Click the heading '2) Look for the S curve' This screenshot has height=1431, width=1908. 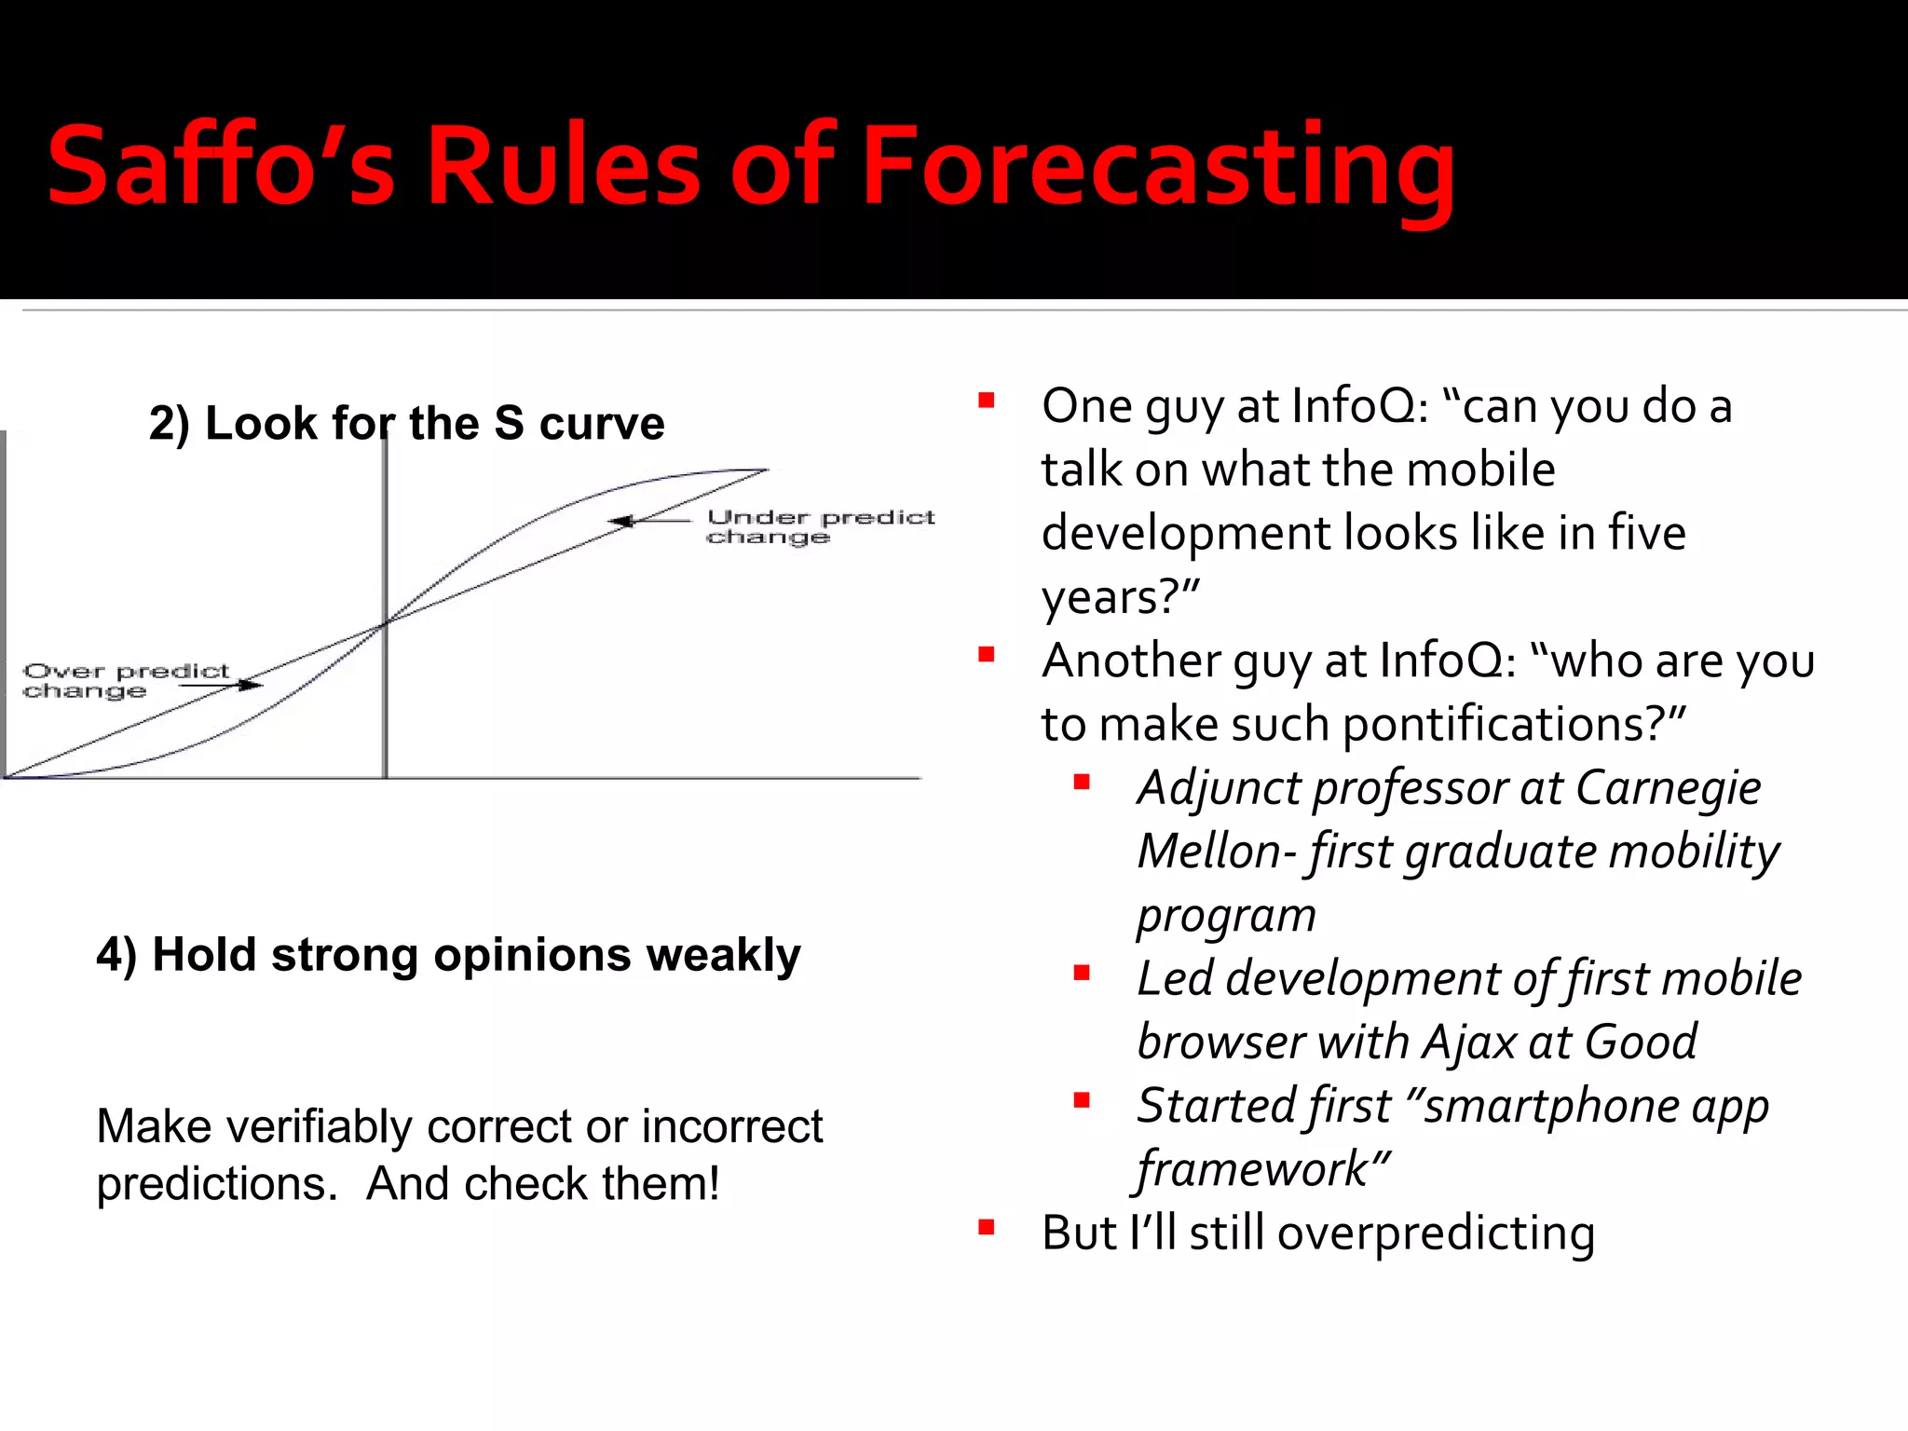pyautogui.click(x=407, y=424)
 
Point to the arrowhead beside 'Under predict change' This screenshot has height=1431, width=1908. pyautogui.click(x=619, y=521)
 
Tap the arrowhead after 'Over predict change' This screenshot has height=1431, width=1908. pyautogui.click(x=253, y=686)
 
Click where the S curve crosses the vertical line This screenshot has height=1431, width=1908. pyautogui.click(x=385, y=623)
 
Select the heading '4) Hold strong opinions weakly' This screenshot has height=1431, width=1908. pyautogui.click(x=448, y=955)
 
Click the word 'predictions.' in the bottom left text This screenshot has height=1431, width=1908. pyautogui.click(x=216, y=1184)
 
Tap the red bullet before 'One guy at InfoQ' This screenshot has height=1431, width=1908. pyautogui.click(x=987, y=402)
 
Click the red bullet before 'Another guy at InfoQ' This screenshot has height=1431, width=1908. pyautogui.click(x=987, y=656)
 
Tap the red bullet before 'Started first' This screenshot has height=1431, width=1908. pyautogui.click(x=1082, y=1101)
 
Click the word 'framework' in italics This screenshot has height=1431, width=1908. pyautogui.click(x=1253, y=1170)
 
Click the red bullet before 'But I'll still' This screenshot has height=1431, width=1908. pyautogui.click(x=987, y=1228)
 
